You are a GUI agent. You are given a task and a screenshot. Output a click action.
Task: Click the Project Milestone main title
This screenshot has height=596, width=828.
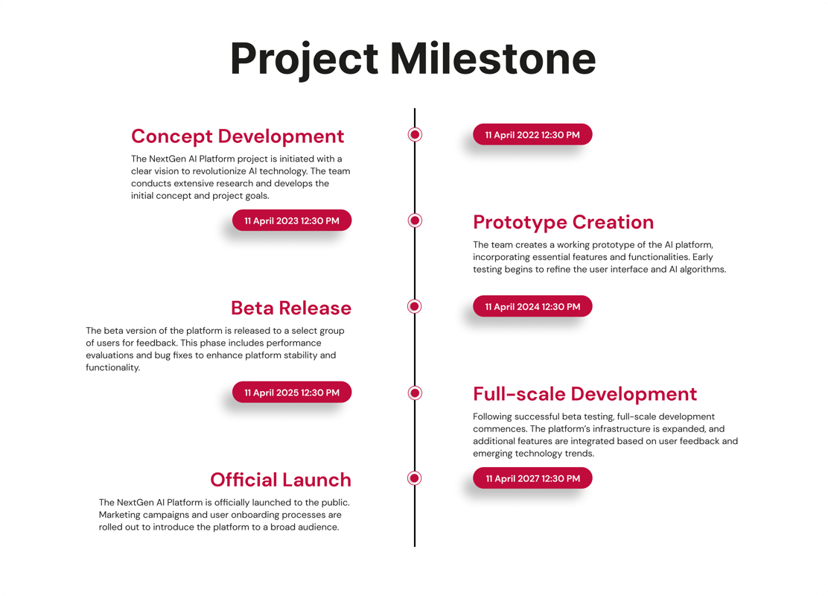413,58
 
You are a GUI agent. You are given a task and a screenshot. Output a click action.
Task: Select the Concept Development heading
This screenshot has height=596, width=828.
238,136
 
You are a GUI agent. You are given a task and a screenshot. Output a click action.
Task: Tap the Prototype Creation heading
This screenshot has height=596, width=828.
563,222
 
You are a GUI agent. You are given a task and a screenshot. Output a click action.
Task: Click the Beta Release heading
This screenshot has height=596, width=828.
291,308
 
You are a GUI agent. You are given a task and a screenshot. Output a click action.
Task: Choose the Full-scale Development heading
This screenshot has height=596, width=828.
585,393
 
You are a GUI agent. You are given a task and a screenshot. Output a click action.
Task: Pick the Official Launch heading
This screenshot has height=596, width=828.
281,480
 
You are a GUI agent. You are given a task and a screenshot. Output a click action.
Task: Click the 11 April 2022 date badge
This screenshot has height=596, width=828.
532,135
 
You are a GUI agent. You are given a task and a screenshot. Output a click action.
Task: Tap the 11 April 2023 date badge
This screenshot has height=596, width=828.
292,221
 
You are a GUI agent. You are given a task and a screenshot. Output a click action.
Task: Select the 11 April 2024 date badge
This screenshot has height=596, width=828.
532,306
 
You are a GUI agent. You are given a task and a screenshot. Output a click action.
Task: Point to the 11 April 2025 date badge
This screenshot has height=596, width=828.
292,393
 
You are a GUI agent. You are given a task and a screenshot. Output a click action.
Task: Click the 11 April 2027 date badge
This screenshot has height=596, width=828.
532,478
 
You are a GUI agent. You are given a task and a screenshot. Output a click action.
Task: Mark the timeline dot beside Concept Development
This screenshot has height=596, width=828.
415,135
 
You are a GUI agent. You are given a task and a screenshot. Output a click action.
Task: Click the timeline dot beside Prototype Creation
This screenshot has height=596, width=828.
415,221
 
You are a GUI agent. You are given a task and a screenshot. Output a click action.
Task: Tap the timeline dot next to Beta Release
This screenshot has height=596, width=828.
415,306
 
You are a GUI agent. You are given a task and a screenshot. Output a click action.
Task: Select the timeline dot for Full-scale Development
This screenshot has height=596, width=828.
415,393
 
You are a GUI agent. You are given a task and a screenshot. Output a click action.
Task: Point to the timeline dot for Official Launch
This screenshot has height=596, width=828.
415,478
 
